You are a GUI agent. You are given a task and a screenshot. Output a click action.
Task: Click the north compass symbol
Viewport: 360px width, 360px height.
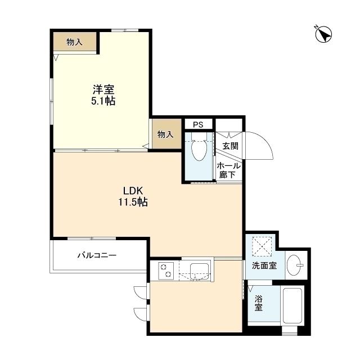[323, 34]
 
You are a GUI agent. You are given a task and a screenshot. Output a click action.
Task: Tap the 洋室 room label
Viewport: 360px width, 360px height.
[103, 89]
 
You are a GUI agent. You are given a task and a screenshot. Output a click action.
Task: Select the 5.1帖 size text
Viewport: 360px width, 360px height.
[103, 101]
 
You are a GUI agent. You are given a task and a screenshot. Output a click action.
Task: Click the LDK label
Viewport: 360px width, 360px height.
[133, 191]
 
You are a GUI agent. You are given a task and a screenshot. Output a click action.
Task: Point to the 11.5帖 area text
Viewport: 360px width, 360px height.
[133, 202]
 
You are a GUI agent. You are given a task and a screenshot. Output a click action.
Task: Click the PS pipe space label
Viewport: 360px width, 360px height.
[198, 125]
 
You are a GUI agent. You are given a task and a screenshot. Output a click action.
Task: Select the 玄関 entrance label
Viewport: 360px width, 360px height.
[230, 146]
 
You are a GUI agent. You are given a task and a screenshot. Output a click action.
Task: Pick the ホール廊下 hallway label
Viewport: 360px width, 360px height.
[229, 170]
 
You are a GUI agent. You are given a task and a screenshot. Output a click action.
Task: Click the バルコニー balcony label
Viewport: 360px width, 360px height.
[97, 255]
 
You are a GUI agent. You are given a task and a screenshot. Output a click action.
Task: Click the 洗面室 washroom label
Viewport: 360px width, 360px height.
[264, 265]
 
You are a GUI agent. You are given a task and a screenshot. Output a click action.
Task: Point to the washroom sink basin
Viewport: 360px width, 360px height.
[295, 265]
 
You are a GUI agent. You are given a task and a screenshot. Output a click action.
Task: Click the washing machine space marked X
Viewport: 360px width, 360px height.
[262, 246]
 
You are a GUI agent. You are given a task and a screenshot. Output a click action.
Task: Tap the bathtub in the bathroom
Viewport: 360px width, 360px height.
[292, 305]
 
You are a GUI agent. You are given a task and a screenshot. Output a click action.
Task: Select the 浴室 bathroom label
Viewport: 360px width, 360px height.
[259, 303]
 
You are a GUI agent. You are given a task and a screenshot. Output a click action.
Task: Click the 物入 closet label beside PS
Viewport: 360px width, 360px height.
[165, 134]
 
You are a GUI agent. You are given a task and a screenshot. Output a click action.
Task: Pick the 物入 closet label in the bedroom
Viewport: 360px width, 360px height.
[74, 42]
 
